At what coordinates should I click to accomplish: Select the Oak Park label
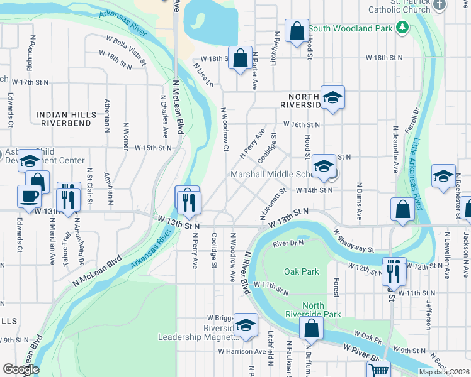(301, 272)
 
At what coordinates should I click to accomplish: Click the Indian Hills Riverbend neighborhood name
(67, 119)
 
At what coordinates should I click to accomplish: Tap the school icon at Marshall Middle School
(324, 167)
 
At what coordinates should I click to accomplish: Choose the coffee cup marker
(30, 197)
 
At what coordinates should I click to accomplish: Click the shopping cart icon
(378, 371)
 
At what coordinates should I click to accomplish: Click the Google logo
(21, 369)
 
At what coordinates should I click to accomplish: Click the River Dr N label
(288, 243)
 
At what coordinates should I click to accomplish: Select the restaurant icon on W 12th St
(394, 271)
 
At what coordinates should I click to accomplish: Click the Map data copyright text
(445, 372)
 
